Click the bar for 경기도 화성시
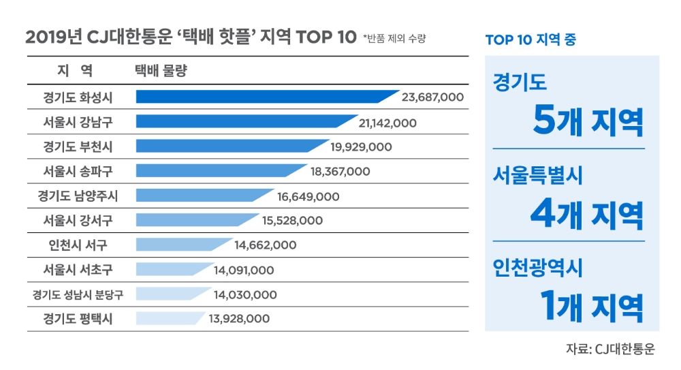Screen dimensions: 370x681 (266, 97)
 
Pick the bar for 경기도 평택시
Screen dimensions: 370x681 (169, 318)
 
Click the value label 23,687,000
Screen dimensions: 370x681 (432, 97)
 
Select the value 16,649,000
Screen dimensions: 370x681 (308, 196)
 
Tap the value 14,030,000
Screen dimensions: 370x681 (245, 294)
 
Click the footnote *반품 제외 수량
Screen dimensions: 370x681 (394, 38)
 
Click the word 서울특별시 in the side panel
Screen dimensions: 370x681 (537, 178)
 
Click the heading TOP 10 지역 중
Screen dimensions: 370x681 (530, 40)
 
